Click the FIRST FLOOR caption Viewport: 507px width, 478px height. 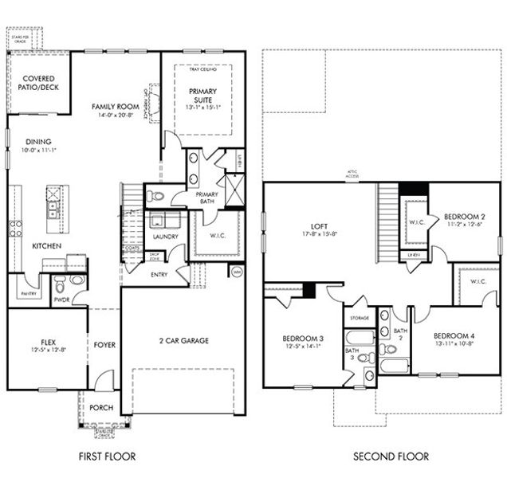point(107,456)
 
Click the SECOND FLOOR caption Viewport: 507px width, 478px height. point(391,456)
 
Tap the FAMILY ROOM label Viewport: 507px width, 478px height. point(114,106)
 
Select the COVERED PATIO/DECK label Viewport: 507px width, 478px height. point(33,84)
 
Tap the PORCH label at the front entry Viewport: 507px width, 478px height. point(102,408)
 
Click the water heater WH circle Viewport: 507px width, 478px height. point(237,272)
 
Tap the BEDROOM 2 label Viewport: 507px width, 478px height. point(466,216)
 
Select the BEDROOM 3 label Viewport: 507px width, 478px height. point(303,339)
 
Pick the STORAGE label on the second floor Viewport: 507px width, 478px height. point(357,319)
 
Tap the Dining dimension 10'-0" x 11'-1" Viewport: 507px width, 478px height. point(33,148)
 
